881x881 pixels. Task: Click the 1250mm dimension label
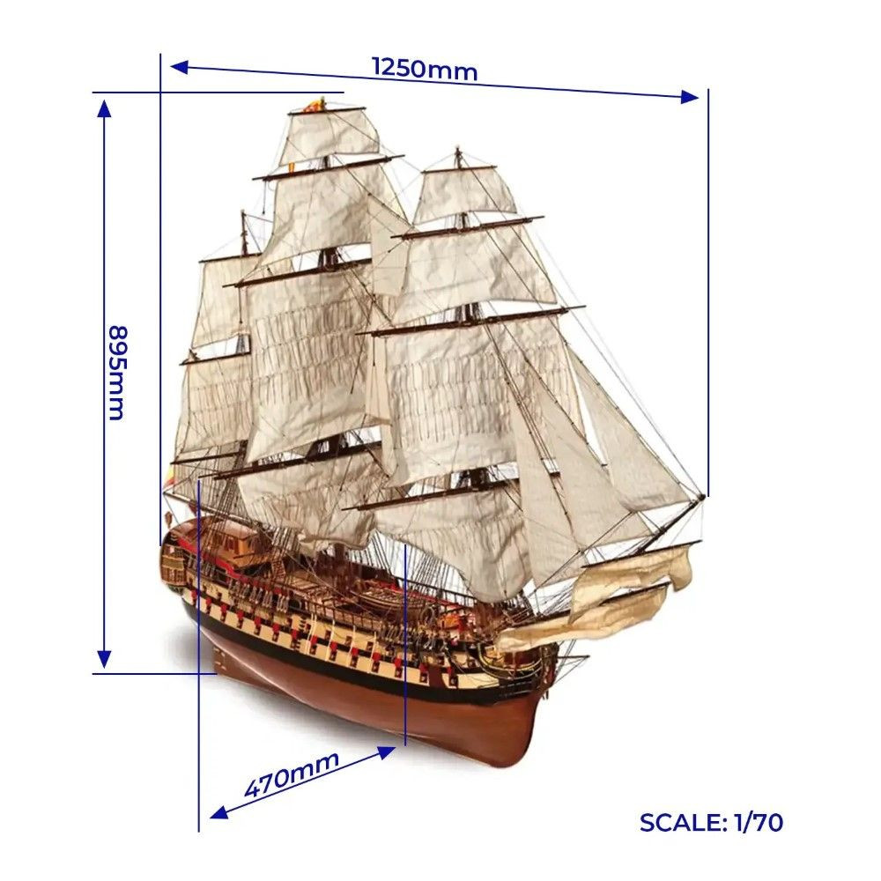coord(425,69)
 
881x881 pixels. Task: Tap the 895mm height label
coord(118,373)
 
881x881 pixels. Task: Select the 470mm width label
coord(292,775)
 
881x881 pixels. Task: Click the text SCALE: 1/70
coord(711,823)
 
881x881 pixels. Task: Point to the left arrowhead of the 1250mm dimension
coord(179,68)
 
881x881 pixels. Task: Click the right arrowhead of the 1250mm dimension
coord(690,97)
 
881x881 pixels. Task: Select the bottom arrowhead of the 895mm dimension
coord(104,659)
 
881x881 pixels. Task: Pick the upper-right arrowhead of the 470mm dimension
coord(387,751)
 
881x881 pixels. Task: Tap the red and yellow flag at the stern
coord(170,476)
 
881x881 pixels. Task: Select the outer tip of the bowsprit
coord(702,498)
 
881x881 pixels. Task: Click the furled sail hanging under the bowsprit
coord(629,584)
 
